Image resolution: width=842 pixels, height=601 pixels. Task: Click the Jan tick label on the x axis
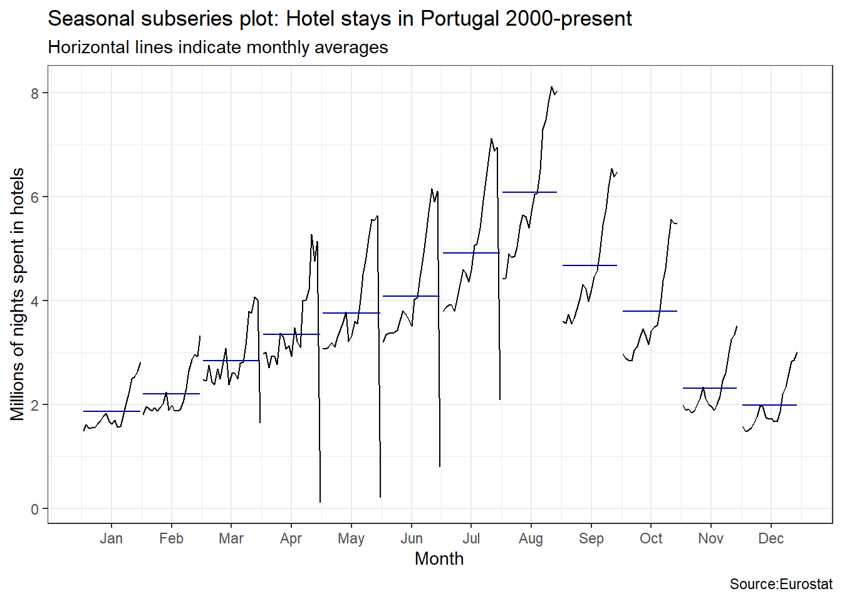pos(111,538)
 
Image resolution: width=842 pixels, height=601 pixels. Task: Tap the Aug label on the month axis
pos(531,538)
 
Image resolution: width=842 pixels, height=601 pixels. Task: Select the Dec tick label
pos(771,538)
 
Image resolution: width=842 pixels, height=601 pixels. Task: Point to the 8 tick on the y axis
pos(35,93)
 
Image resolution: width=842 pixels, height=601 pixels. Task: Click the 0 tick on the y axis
pos(35,509)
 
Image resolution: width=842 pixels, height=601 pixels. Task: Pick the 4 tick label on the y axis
pos(35,301)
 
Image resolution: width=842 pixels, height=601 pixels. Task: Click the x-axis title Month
pos(439,558)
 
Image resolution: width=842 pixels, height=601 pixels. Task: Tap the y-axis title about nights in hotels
pos(18,294)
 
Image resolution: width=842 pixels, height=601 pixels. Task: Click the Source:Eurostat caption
pos(781,584)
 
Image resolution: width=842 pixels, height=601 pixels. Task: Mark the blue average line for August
pos(529,192)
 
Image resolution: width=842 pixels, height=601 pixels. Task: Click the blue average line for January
pos(112,411)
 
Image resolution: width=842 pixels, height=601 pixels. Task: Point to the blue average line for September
pos(590,265)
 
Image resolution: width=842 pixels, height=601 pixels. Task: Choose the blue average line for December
pos(769,405)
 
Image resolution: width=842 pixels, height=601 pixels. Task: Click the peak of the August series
pos(551,87)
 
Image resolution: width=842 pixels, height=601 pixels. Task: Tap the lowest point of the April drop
pos(320,501)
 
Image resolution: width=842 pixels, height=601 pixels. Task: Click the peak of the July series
pos(492,139)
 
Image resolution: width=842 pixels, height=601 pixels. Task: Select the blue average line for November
pos(709,388)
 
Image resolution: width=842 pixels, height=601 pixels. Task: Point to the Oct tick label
pos(651,538)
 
